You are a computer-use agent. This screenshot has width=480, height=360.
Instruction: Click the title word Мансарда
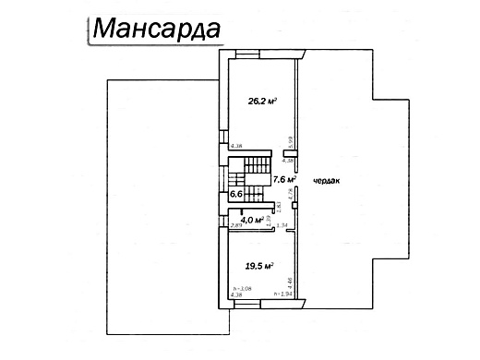[x=156, y=29]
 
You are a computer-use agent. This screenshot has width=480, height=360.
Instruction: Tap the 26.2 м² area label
[x=263, y=103]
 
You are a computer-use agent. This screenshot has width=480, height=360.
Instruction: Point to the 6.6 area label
[x=235, y=195]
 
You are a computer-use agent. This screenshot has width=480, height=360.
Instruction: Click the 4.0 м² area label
[x=251, y=220]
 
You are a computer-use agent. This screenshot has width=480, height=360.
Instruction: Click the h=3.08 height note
[x=242, y=289]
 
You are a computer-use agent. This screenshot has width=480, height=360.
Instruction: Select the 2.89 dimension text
[x=236, y=225]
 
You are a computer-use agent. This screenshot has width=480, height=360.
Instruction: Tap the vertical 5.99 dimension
[x=291, y=141]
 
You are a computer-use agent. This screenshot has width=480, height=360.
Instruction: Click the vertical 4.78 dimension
[x=291, y=192]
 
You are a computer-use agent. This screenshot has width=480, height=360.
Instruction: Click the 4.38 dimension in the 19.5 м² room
[x=236, y=296]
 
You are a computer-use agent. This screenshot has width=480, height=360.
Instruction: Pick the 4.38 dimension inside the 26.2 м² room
[x=236, y=146]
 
